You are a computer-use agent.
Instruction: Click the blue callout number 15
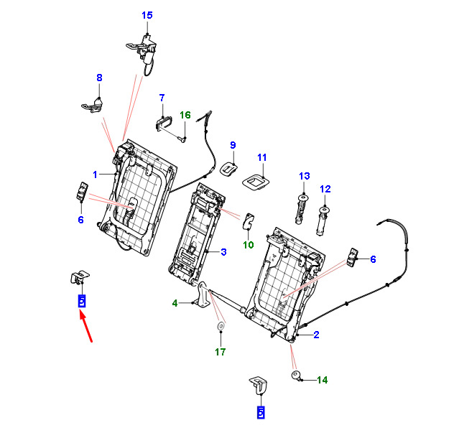click(147, 15)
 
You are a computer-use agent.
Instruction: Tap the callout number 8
click(99, 78)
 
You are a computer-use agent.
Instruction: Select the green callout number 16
click(185, 115)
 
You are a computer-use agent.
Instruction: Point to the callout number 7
click(162, 98)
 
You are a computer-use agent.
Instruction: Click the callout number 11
click(261, 157)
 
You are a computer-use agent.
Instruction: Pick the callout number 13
click(305, 176)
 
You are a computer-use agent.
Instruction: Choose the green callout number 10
click(249, 245)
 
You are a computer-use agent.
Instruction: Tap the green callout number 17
click(221, 352)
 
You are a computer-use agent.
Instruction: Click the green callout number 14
click(323, 380)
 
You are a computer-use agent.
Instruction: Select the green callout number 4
click(175, 303)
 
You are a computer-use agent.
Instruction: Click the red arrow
click(86, 327)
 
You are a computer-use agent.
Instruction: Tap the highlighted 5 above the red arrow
click(82, 301)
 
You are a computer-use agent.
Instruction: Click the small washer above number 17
click(221, 326)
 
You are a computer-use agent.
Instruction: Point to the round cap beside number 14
click(296, 375)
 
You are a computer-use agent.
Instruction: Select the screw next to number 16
click(182, 139)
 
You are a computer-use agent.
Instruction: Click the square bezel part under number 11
click(256, 182)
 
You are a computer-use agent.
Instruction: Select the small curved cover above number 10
click(249, 220)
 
